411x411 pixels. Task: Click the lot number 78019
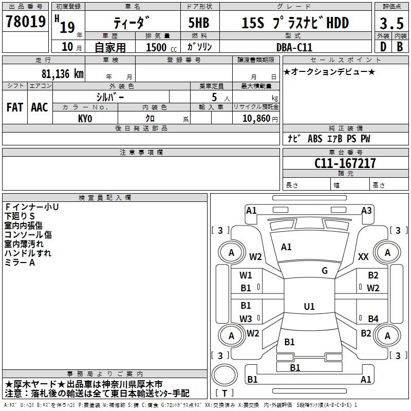(25, 23)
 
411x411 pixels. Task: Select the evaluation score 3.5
(391, 23)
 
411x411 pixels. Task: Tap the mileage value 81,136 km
(62, 73)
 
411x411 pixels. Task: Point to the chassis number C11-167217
(345, 164)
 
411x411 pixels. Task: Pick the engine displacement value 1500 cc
(161, 47)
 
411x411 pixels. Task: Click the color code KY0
(85, 118)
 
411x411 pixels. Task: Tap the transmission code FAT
(14, 107)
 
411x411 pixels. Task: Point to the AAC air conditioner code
(39, 107)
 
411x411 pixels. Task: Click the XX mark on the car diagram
(363, 257)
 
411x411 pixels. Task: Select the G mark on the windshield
(325, 271)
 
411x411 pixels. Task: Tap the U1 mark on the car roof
(309, 306)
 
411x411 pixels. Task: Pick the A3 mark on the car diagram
(366, 210)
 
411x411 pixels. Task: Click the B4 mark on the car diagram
(373, 319)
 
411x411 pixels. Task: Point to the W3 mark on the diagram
(246, 319)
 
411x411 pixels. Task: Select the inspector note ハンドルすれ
(28, 253)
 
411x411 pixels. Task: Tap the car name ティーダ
(132, 23)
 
